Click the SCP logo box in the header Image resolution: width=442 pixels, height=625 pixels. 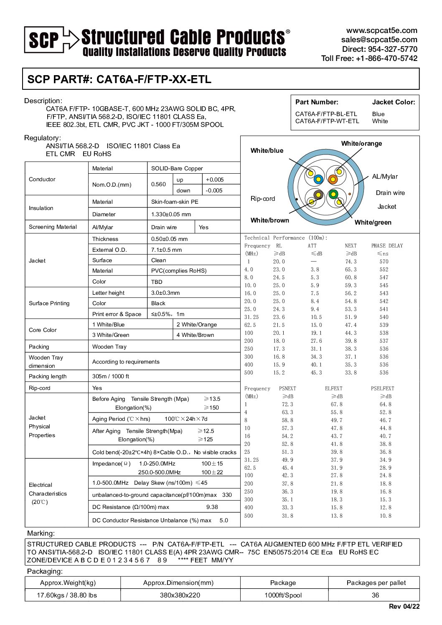43,40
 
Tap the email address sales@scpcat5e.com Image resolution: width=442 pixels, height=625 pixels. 379,40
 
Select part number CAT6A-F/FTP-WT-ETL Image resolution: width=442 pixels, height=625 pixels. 327,121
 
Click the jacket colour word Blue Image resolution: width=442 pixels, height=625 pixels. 378,114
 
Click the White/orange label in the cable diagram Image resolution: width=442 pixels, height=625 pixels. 361,144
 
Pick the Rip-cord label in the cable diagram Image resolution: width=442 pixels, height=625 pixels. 263,199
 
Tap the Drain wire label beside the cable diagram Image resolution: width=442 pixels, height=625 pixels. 390,193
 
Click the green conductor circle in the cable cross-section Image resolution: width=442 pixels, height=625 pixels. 333,194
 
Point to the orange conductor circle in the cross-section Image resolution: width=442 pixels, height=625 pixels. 333,180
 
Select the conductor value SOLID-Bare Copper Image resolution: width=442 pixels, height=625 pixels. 177,169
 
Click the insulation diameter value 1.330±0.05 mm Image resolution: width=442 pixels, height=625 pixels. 171,215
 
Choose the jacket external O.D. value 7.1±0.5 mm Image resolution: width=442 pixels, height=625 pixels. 166,250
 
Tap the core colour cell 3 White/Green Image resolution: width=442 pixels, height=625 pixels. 111,335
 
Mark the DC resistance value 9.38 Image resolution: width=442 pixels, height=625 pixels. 212,507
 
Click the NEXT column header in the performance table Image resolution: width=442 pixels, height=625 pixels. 351,246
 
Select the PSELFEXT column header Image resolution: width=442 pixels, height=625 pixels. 382,389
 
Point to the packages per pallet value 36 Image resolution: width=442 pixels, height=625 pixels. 375,595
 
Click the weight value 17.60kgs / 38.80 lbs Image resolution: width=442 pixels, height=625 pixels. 67,595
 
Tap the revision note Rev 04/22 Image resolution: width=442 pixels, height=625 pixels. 404,607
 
